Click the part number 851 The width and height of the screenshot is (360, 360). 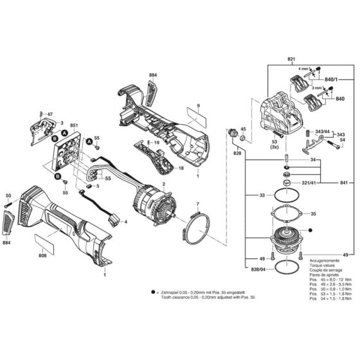(74, 125)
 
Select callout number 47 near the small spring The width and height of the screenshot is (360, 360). (50, 114)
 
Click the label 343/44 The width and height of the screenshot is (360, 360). (322, 130)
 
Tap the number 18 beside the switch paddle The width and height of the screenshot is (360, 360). (181, 168)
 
